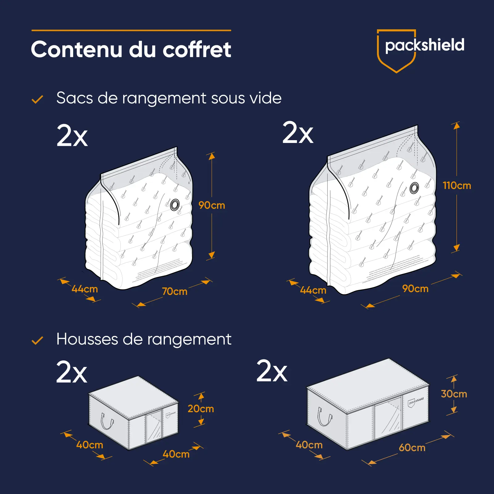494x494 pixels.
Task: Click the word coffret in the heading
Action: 197,49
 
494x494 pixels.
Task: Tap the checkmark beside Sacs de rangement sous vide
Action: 37,99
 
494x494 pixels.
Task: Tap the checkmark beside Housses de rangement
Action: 37,341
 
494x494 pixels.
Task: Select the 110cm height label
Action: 457,186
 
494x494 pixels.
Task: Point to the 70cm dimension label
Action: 175,291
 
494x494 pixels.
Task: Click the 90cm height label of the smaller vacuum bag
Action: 211,205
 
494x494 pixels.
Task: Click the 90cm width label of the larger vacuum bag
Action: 415,289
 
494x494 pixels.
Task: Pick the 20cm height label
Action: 201,409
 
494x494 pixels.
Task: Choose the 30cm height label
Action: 454,394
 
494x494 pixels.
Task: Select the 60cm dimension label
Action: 412,448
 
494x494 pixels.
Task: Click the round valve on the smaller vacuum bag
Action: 174,205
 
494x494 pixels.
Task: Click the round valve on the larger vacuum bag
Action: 414,188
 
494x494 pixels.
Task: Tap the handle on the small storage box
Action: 107,421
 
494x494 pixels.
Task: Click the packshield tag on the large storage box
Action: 416,401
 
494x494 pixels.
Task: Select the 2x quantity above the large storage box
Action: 272,371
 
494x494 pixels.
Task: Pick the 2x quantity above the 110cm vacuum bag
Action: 298,133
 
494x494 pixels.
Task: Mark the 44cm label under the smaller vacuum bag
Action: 85,289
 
